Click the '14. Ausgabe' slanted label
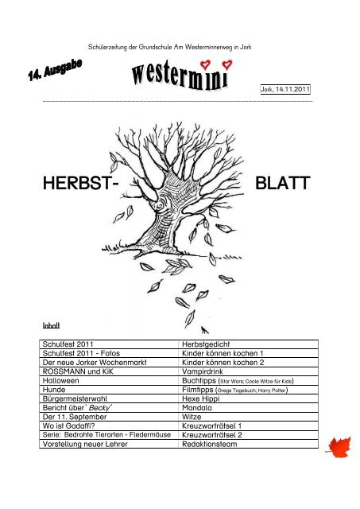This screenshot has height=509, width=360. coord(55,70)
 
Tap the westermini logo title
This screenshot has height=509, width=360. coord(180,76)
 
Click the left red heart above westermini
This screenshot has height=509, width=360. coord(205,64)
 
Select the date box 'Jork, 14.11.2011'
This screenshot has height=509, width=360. coord(285,89)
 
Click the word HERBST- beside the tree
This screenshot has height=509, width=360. coord(81,183)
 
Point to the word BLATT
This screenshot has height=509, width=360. coord(282,183)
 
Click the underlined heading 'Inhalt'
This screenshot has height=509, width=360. coord(51,325)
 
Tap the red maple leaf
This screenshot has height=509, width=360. coord(339,447)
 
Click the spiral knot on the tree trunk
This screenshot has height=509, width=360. coord(161,206)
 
